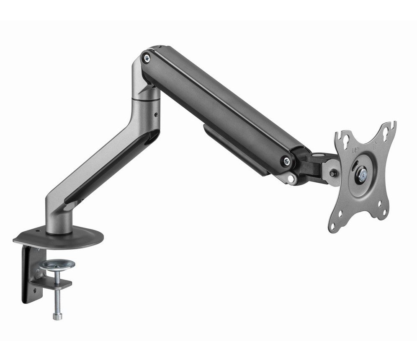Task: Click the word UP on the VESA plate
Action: (x=355, y=150)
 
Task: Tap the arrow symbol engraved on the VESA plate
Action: (x=375, y=145)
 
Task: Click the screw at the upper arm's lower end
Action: (x=286, y=160)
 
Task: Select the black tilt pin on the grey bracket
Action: (x=332, y=173)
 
